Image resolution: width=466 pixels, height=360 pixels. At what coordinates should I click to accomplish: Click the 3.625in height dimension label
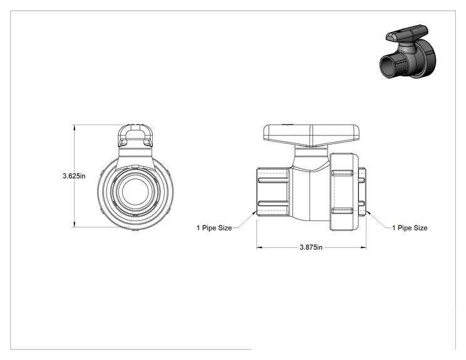coord(74,176)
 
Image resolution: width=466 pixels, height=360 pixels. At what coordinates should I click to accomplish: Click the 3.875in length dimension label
coord(311,247)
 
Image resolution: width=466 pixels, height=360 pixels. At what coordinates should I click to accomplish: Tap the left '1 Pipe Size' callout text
coord(214,228)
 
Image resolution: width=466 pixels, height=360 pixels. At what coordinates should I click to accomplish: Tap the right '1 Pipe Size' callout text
coord(410,228)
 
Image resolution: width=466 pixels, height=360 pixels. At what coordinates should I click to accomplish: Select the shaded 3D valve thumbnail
coord(408,52)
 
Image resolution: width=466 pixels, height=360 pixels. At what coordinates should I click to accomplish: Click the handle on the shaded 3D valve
coord(407,33)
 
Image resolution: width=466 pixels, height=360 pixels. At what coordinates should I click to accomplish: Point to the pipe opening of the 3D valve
coord(389,66)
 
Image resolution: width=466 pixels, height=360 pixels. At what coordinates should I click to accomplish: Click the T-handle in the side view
coord(311,135)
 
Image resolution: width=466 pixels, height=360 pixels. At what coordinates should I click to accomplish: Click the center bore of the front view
coord(135,191)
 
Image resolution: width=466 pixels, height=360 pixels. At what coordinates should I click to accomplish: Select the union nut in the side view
coord(344,192)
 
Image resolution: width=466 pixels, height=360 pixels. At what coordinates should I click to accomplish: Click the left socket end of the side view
coord(273,192)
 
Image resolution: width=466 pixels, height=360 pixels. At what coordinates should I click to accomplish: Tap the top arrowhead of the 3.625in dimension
coord(74,128)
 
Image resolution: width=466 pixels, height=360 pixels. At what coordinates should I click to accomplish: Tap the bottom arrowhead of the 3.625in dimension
coord(74,224)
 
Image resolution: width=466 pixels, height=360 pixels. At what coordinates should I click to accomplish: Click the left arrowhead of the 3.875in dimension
coord(259,247)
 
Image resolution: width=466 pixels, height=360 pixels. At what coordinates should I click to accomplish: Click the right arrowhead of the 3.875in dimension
coord(363,247)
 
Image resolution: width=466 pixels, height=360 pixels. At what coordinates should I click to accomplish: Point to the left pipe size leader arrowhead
coord(254,212)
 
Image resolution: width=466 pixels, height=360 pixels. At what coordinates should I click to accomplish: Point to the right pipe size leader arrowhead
coord(368,212)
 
